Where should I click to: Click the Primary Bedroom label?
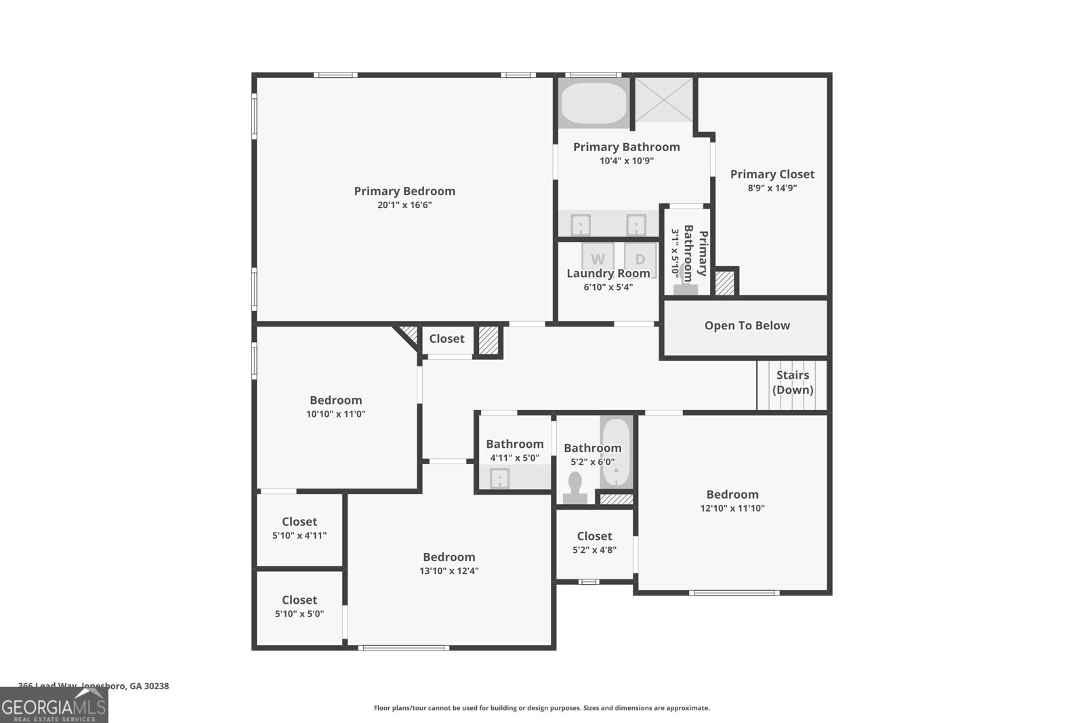tap(404, 191)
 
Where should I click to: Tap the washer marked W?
tap(598, 259)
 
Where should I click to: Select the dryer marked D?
tap(640, 259)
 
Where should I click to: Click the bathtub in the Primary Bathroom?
tap(594, 103)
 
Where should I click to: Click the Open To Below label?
tap(747, 325)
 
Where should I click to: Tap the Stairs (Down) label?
tap(793, 382)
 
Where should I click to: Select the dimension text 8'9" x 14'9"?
tap(772, 188)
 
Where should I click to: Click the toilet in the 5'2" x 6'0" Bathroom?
tap(575, 487)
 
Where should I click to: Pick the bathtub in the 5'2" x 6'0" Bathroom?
tap(616, 452)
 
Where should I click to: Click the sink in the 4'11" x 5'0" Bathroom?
tap(499, 478)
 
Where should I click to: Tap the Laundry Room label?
tap(608, 273)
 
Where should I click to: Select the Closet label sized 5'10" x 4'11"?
tap(299, 521)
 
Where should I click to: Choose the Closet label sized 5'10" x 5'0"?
tap(299, 600)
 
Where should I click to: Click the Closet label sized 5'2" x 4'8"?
tap(594, 536)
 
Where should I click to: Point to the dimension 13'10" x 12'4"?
tap(449, 571)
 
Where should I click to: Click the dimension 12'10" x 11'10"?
tap(732, 508)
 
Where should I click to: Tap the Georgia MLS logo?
tap(54, 705)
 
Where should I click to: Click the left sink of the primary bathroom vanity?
tap(581, 224)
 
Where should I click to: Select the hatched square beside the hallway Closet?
tap(488, 340)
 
